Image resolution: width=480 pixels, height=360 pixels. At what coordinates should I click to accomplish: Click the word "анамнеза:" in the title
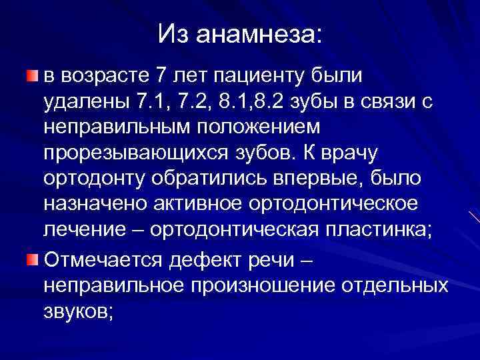coord(258,34)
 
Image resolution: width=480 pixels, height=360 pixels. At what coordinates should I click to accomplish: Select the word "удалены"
coord(85,101)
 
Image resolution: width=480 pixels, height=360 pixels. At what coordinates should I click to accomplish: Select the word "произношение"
coord(262,284)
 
